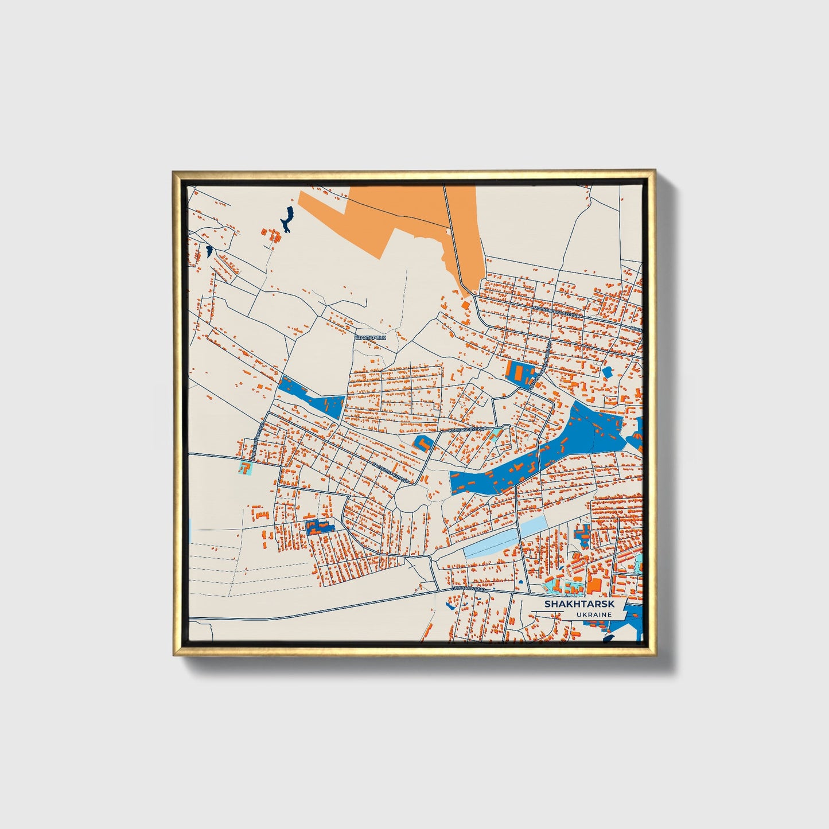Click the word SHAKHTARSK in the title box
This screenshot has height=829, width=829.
[x=579, y=604]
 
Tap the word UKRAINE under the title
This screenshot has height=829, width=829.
[x=595, y=614]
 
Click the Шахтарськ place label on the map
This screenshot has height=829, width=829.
[x=371, y=337]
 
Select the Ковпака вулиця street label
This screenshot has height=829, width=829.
[x=467, y=429]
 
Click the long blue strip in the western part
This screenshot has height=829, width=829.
[x=310, y=396]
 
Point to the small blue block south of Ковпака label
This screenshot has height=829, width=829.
[x=422, y=443]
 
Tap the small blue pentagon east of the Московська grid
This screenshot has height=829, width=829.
[x=608, y=372]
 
